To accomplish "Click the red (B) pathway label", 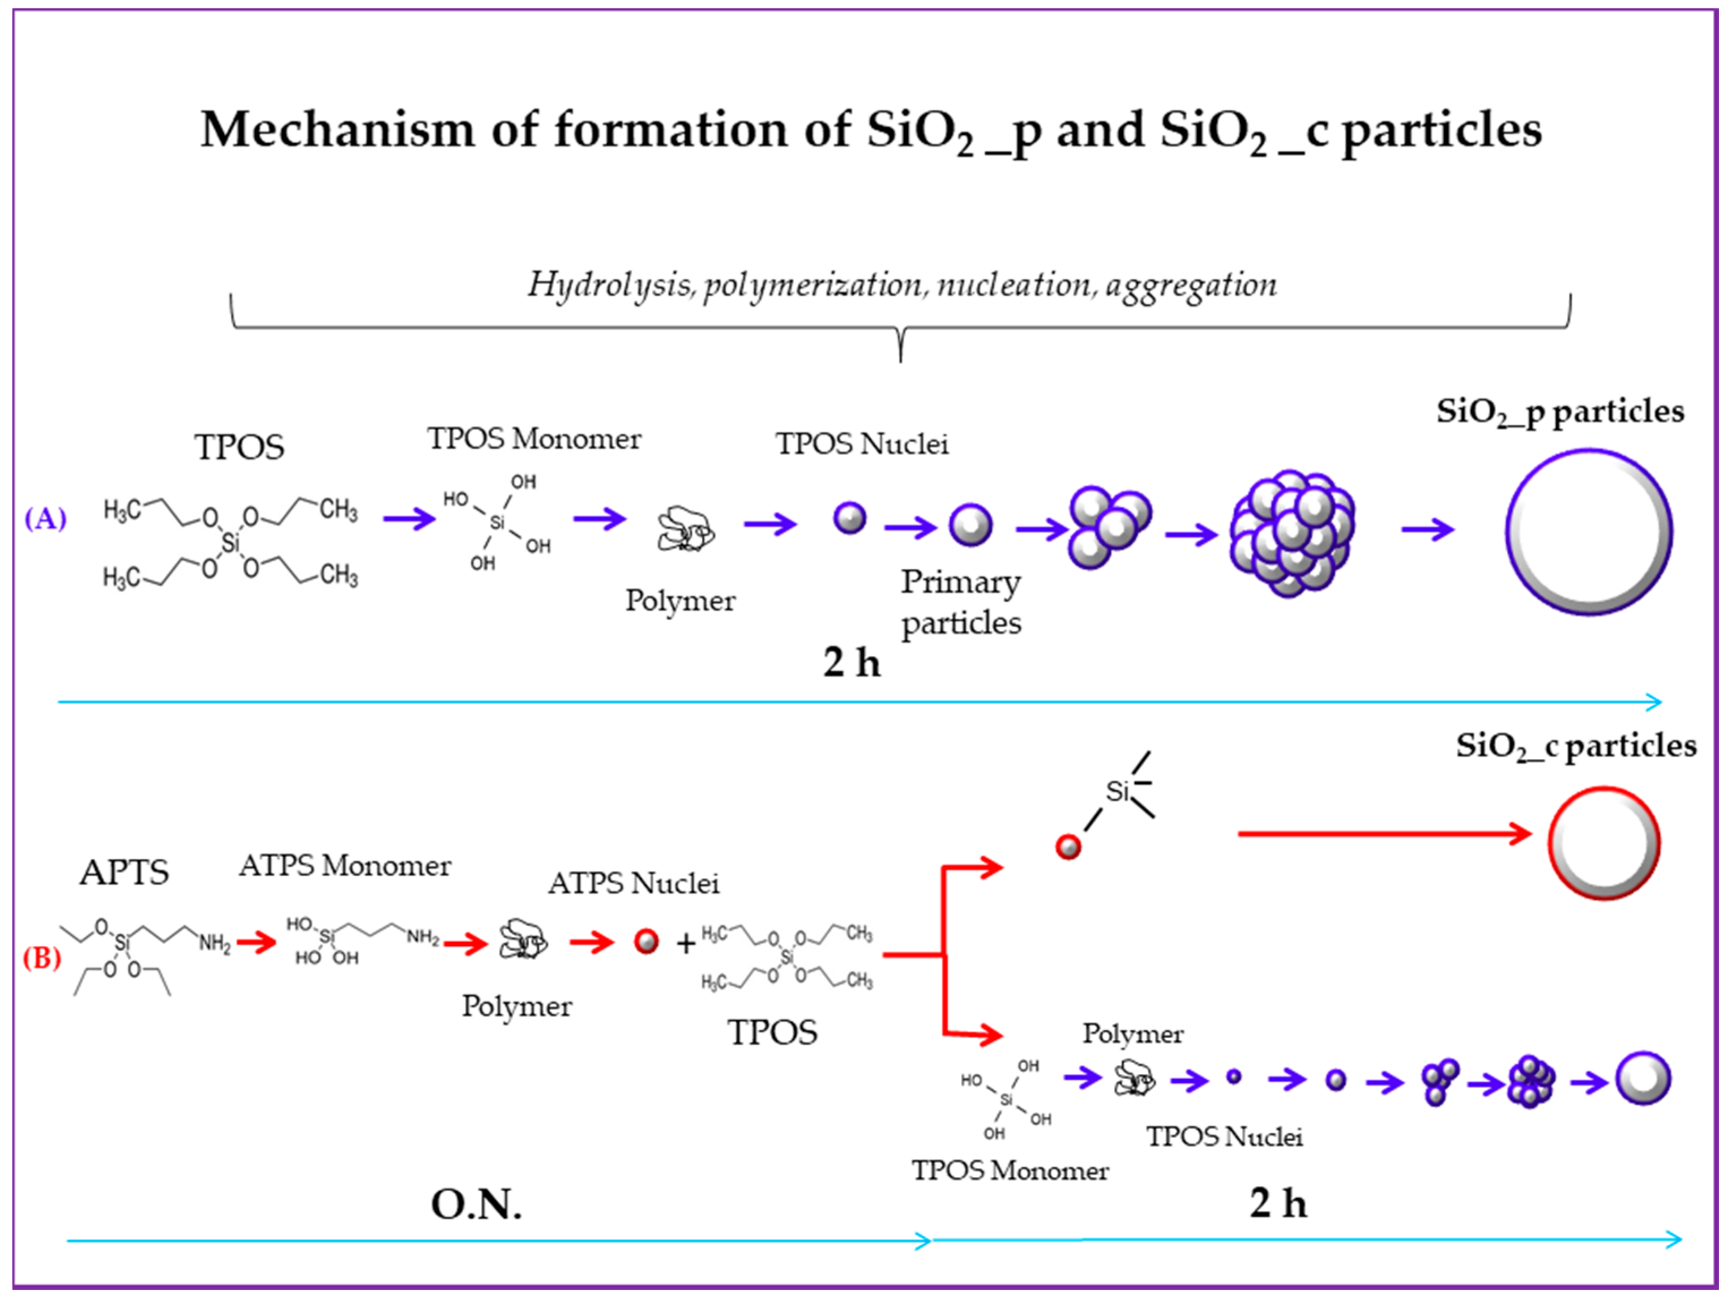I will click(x=41, y=958).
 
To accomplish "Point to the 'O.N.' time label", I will click(x=476, y=1204).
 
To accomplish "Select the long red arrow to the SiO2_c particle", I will click(x=1382, y=834).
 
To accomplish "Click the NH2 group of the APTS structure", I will click(x=214, y=943).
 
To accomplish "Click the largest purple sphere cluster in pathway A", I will click(x=1292, y=534).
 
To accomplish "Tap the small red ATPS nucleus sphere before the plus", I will click(x=646, y=941).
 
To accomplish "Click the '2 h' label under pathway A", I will click(x=851, y=663).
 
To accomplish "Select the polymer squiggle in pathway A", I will click(x=685, y=530).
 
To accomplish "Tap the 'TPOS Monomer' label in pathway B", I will click(x=1010, y=1170).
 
